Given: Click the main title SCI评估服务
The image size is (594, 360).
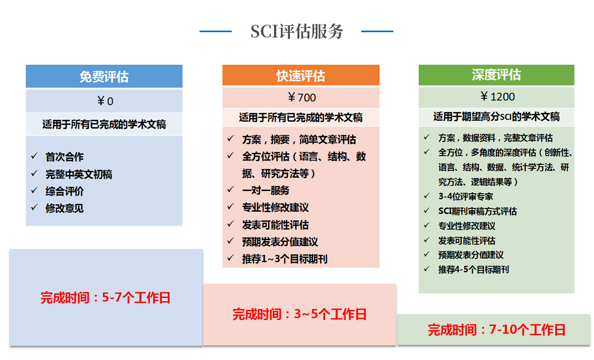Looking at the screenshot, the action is point(297,32).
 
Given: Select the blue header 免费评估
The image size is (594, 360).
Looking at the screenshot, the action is point(104,77).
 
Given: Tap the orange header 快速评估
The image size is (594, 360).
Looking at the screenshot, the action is point(301,75).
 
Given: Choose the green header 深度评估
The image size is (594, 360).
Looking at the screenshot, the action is point(496,75).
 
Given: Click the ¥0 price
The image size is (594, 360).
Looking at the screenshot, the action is point(105,101).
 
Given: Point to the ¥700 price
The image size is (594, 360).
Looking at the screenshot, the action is point(301,98).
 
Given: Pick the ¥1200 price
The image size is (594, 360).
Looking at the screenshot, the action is point(497,97).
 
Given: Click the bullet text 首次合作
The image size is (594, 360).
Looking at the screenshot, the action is point(64,157).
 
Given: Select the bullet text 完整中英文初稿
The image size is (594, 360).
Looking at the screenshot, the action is point(79,174).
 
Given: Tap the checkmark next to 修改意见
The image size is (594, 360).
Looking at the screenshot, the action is point(34,207).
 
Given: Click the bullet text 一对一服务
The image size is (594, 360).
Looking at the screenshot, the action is point(266,191).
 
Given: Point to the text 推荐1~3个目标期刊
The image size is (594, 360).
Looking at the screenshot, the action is point(285,259).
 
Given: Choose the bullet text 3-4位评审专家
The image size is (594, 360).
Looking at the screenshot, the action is point(466,196).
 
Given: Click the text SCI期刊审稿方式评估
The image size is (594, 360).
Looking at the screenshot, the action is point(477,211).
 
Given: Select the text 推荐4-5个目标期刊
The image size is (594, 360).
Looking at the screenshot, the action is point(474,270).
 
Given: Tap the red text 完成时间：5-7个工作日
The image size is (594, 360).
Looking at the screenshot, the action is point(105,298).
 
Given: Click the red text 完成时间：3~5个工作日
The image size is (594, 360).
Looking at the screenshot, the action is point(299,314).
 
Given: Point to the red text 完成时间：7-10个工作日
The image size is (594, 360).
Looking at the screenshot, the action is point(496,330).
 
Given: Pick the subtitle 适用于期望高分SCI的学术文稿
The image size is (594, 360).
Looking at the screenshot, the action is point(496,117).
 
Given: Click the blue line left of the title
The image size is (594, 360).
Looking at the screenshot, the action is point(215,32).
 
